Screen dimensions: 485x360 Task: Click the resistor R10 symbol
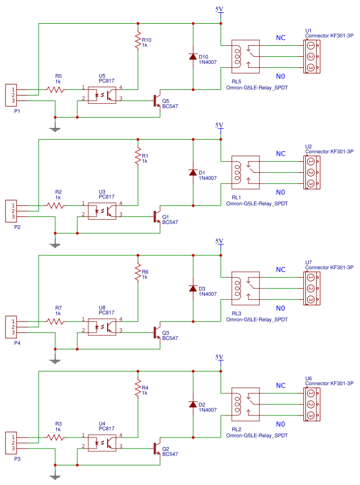click(137, 41)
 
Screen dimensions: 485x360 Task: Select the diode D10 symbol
click(193, 57)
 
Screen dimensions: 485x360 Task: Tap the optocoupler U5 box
click(102, 94)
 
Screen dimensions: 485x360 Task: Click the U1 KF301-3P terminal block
click(311, 56)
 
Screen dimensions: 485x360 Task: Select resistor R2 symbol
click(55, 205)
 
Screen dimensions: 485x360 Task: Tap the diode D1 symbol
click(193, 173)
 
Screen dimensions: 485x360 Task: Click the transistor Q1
click(157, 216)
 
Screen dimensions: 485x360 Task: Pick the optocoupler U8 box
click(102, 326)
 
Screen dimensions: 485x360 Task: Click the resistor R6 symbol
click(137, 273)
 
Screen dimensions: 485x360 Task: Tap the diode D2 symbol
click(193, 404)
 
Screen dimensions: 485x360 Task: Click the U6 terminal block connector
click(311, 404)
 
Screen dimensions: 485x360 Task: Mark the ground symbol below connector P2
click(55, 245)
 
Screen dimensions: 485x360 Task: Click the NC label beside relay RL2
click(280, 385)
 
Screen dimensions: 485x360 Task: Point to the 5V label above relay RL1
click(220, 125)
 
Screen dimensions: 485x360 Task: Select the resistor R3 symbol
click(55, 437)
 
